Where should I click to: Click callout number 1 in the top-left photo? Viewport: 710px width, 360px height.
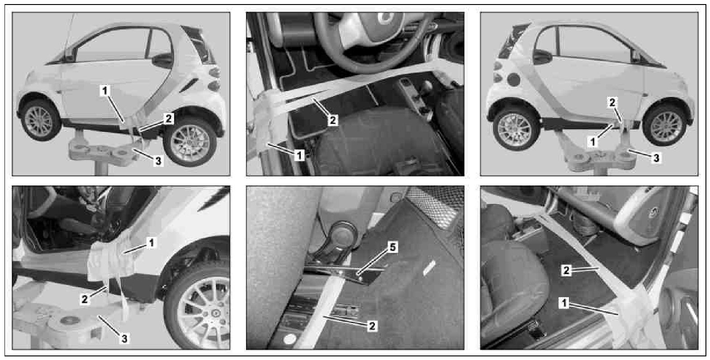pyautogui.click(x=104, y=91)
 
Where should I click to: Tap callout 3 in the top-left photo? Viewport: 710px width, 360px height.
pyautogui.click(x=158, y=161)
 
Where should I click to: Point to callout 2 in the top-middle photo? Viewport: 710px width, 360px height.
pyautogui.click(x=332, y=120)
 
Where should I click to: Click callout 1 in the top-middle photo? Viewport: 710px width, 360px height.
pyautogui.click(x=299, y=155)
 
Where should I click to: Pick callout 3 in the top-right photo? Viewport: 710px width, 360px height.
pyautogui.click(x=657, y=157)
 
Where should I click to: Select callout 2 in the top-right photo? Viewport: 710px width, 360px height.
pyautogui.click(x=612, y=102)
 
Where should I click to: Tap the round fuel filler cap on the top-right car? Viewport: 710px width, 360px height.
pyautogui.click(x=514, y=80)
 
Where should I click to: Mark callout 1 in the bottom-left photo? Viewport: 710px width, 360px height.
pyautogui.click(x=151, y=243)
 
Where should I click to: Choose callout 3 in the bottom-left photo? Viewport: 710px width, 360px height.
pyautogui.click(x=124, y=339)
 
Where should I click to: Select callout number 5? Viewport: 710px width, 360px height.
pyautogui.click(x=393, y=247)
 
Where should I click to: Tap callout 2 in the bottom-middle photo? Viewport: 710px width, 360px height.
pyautogui.click(x=372, y=326)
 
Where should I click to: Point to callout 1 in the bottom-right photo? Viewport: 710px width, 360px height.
pyautogui.click(x=564, y=303)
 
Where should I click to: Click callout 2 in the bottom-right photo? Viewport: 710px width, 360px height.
pyautogui.click(x=566, y=270)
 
